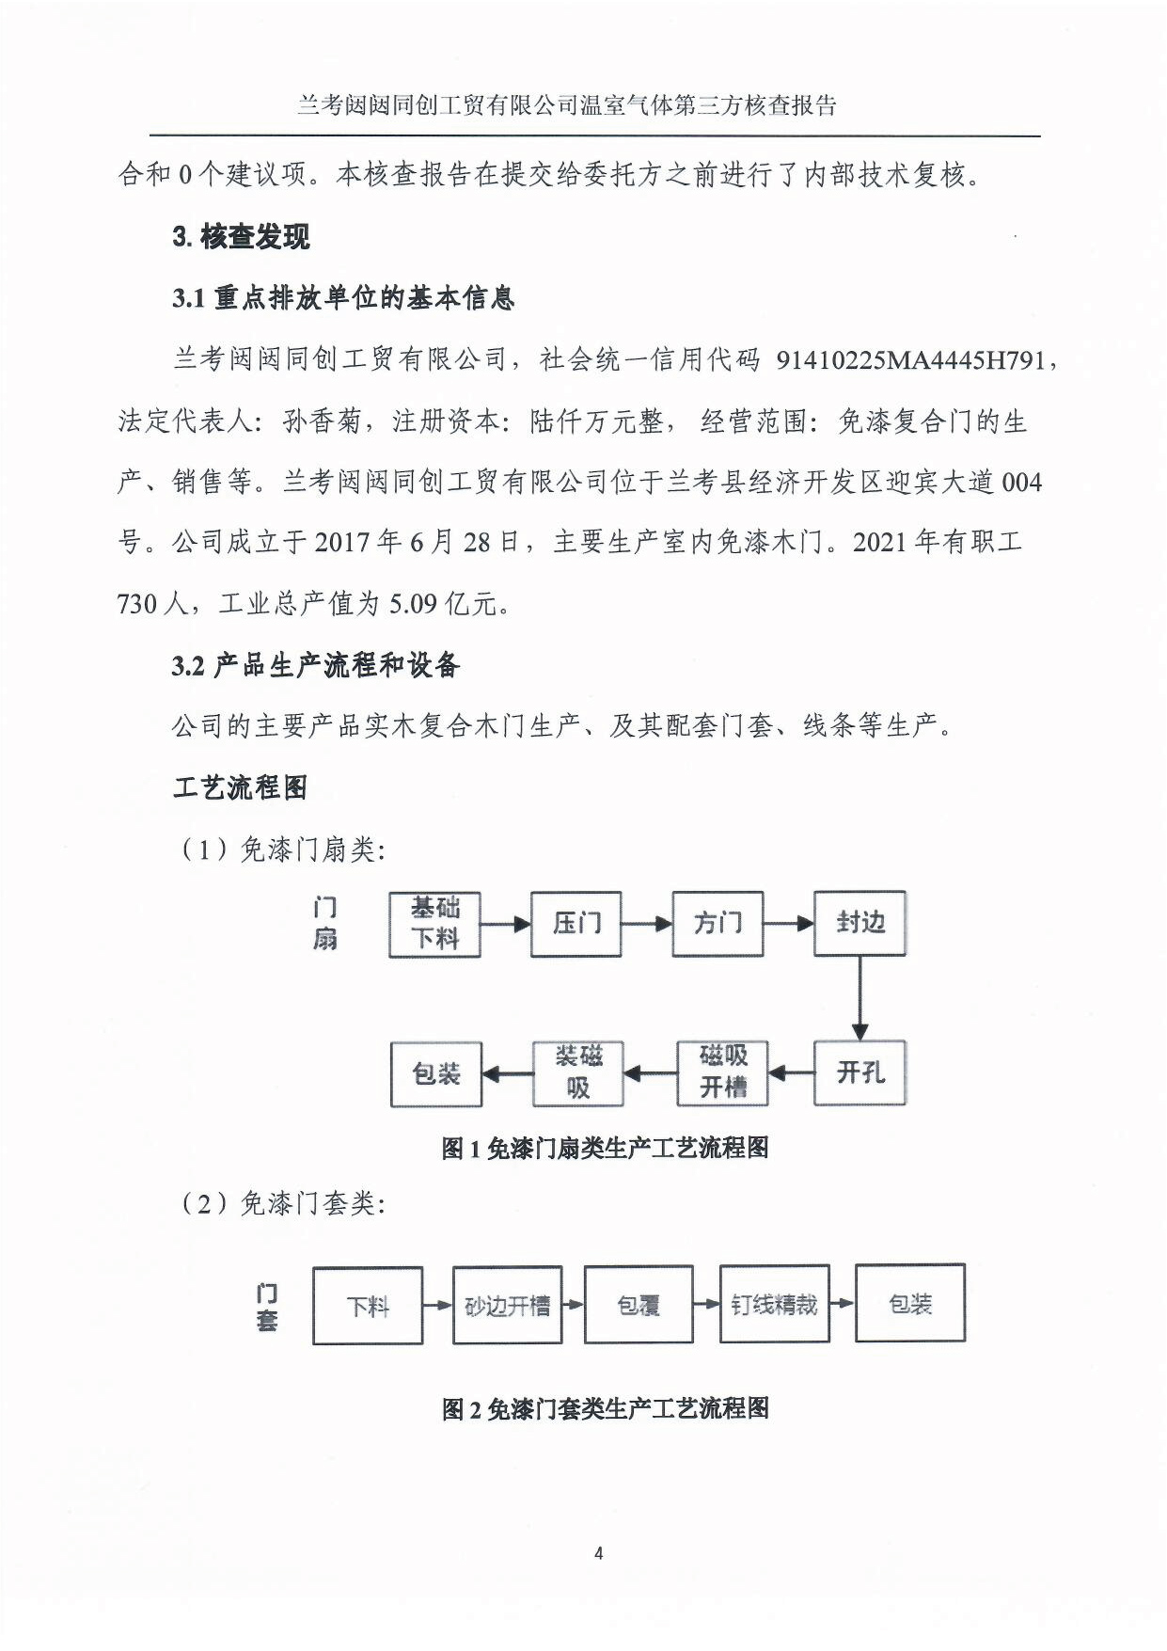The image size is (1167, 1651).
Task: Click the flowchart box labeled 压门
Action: (576, 924)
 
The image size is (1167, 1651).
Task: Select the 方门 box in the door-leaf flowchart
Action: (718, 924)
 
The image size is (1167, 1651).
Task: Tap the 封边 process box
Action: (859, 923)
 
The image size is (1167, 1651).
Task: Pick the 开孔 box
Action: (859, 1072)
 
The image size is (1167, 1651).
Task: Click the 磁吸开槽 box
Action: (722, 1072)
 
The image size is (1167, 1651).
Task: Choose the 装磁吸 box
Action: (577, 1072)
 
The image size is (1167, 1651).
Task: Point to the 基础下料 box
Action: (434, 924)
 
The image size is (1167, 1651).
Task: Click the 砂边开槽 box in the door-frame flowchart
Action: (507, 1305)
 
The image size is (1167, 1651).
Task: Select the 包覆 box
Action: (639, 1305)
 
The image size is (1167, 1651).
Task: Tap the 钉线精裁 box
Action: (774, 1304)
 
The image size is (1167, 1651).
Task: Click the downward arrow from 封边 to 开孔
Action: (859, 998)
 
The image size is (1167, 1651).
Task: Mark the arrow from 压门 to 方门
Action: (646, 924)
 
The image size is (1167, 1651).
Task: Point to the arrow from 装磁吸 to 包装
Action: (508, 1073)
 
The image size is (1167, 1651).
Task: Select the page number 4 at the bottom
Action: (599, 1553)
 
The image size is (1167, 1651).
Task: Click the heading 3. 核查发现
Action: (241, 237)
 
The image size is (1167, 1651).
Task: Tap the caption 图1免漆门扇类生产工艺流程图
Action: (605, 1148)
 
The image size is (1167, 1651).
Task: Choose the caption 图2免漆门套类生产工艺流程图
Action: (605, 1408)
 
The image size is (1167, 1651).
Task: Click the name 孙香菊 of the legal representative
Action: (322, 421)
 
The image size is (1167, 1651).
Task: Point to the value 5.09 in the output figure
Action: (413, 603)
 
